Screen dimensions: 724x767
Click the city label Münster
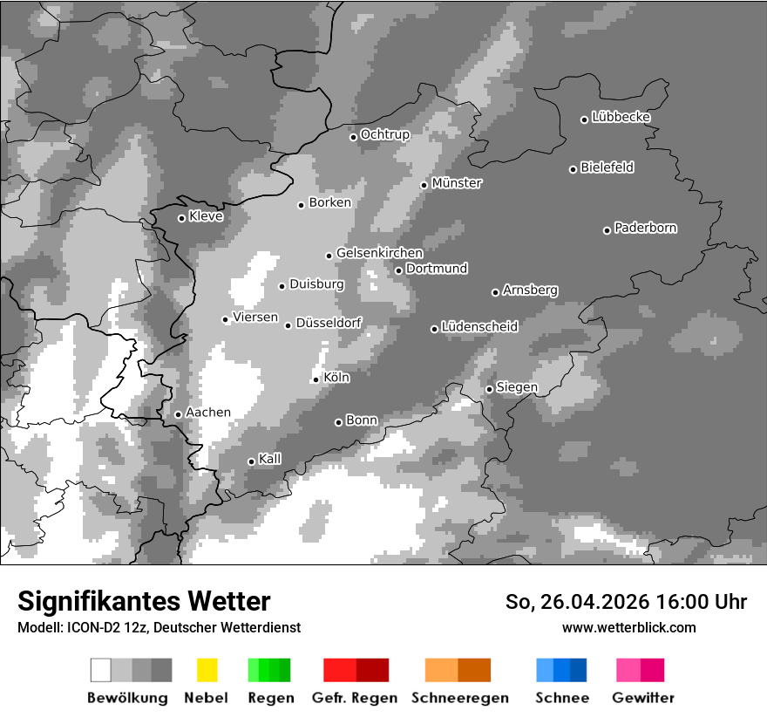(x=457, y=183)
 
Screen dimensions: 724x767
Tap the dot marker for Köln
(x=316, y=379)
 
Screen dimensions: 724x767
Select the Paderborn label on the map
(x=646, y=228)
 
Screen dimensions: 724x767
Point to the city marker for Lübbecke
(x=585, y=120)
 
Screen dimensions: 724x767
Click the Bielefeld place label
(x=607, y=167)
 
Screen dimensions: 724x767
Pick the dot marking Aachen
(x=179, y=414)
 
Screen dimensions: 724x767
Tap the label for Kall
(x=270, y=459)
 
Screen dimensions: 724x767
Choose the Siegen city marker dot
(x=490, y=389)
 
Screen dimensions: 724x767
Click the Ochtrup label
(x=385, y=134)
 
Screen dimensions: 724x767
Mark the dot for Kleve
(x=182, y=218)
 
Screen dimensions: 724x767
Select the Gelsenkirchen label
(x=379, y=253)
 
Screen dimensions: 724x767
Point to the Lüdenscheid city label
(x=479, y=326)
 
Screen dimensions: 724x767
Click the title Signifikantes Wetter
(x=144, y=601)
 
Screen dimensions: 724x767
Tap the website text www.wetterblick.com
(x=629, y=627)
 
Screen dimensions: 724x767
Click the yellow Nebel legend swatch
(x=207, y=670)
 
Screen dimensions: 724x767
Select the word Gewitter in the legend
(x=643, y=698)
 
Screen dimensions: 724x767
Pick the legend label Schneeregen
(x=458, y=698)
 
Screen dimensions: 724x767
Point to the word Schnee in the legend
(x=562, y=698)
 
